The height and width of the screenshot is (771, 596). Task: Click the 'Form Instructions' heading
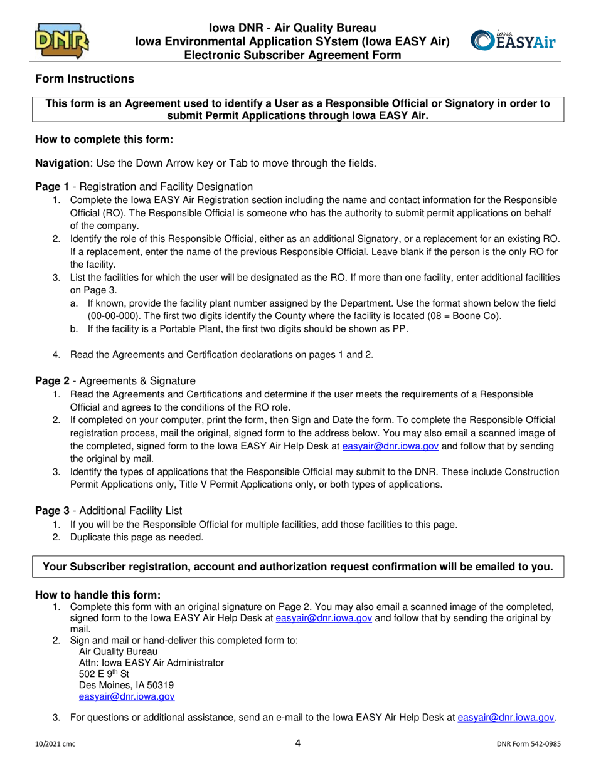84,79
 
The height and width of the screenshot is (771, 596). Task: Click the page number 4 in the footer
298,743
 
